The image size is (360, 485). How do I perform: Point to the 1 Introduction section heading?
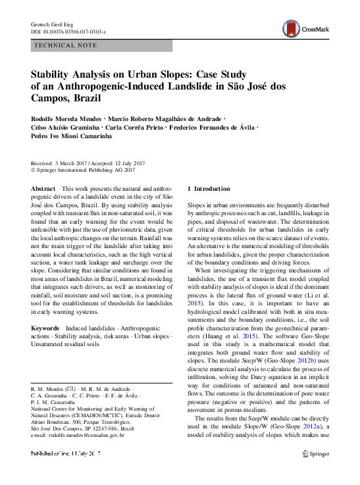pos(209,189)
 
